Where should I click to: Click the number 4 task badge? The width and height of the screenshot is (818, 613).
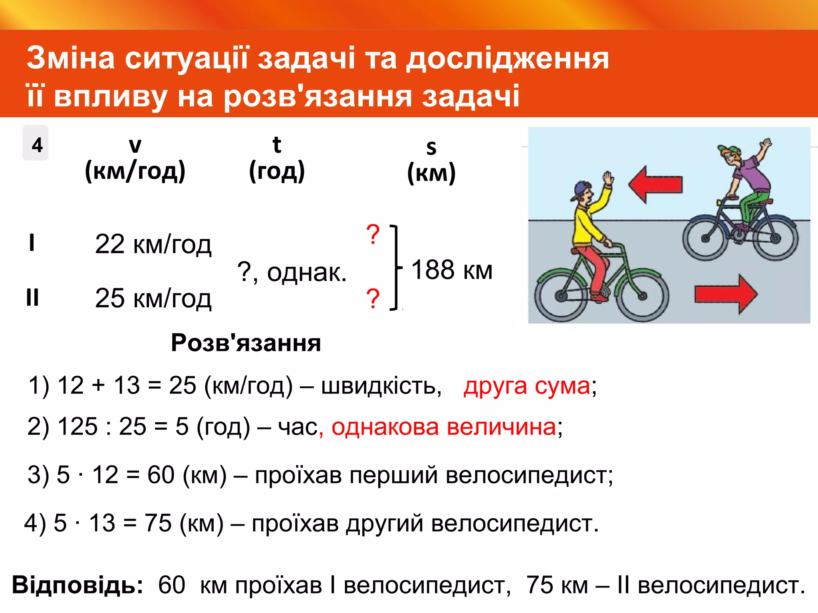pos(36,144)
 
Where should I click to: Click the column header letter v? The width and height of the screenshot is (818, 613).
pos(135,145)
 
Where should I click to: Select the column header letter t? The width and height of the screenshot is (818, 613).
pos(277,144)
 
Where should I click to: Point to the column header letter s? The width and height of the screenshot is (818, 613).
pos(431,148)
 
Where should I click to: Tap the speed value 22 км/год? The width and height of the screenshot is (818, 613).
pos(153,244)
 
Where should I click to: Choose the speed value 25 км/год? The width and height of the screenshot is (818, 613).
pos(153,298)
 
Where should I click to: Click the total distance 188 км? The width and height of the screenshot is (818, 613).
pos(452,270)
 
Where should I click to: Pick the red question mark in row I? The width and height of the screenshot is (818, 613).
pos(373,235)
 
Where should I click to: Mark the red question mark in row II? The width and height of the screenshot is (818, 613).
pos(373,299)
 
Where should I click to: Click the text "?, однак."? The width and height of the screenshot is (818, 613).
pos(292,273)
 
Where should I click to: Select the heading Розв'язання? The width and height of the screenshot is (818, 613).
pos(246,343)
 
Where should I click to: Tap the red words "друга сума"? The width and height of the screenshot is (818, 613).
pos(526,386)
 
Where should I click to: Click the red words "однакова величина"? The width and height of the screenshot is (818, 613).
pos(443,427)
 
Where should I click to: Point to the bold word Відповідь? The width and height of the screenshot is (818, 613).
pos(77,585)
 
